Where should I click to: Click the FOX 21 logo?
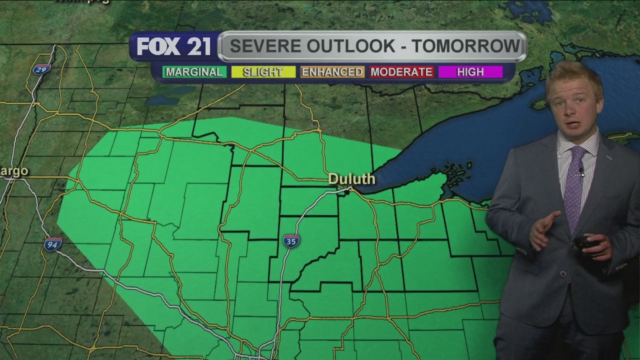click(174, 47)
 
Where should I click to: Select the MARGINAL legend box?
click(194, 72)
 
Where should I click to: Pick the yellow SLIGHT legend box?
click(262, 72)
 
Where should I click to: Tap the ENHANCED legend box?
click(332, 72)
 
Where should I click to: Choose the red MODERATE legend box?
click(401, 72)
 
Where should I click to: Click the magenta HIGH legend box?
click(470, 72)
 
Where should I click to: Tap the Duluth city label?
click(352, 179)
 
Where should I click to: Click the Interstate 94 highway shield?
click(53, 244)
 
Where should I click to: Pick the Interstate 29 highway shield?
click(42, 69)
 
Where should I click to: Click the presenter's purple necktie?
click(574, 187)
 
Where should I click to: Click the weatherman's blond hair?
click(573, 76)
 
